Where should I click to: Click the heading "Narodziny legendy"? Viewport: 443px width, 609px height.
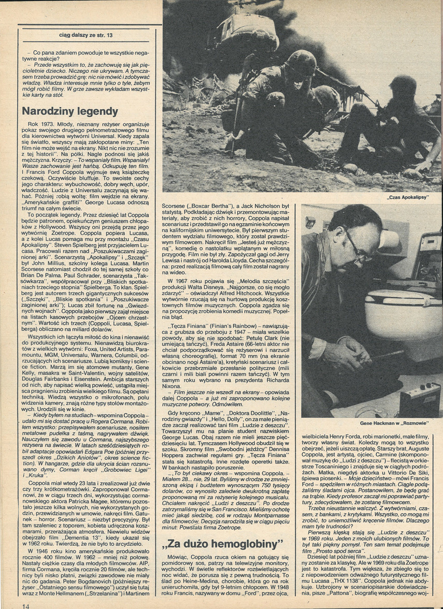70,111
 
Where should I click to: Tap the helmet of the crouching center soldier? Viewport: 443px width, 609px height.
302,63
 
